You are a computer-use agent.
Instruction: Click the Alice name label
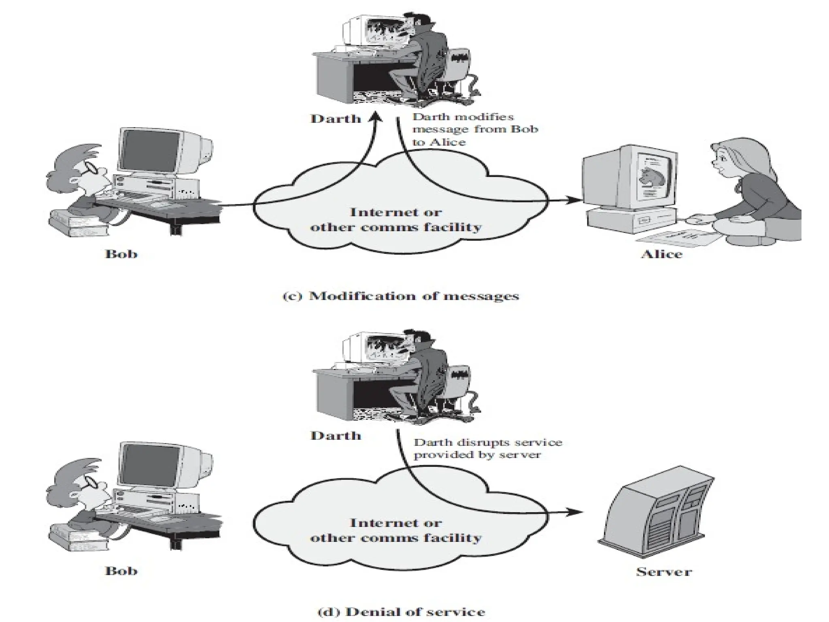tap(661, 254)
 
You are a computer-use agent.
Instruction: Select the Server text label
tap(664, 572)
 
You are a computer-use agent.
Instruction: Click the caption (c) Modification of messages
tap(400, 296)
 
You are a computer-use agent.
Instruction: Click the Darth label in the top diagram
tap(336, 119)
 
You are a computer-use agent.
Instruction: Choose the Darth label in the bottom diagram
tap(336, 436)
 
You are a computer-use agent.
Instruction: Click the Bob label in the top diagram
tap(121, 254)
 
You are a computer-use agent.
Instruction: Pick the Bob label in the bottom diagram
tap(121, 571)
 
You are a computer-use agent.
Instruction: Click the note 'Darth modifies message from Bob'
tap(474, 129)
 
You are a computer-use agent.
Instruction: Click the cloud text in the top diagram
tap(395, 219)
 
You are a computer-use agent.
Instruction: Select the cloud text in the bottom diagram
tap(395, 530)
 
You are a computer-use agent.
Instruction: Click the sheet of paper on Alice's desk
tap(680, 238)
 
